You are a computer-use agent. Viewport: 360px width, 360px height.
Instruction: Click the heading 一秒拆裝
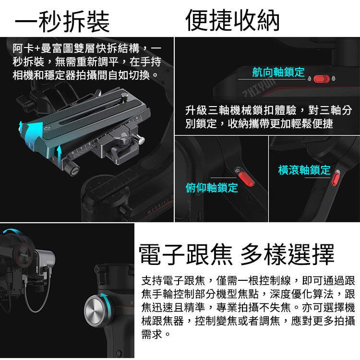pyautogui.click(x=62, y=22)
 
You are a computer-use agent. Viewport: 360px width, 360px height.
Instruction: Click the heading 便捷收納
pyautogui.click(x=232, y=20)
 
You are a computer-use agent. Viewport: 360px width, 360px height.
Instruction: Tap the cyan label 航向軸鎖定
pyautogui.click(x=278, y=72)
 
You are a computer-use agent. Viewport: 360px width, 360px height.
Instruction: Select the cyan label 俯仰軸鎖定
pyautogui.click(x=212, y=188)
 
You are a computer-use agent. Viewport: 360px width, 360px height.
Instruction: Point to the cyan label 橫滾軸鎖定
pyautogui.click(x=304, y=170)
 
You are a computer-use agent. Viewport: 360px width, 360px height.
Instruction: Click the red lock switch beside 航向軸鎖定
pyautogui.click(x=322, y=79)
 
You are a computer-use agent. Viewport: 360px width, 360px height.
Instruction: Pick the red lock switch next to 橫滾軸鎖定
pyautogui.click(x=336, y=179)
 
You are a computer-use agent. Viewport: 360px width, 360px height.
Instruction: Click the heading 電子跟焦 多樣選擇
pyautogui.click(x=237, y=254)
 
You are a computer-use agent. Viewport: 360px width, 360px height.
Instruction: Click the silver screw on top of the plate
pyautogui.click(x=124, y=96)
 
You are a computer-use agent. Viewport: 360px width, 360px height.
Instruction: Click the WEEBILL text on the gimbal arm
pyautogui.click(x=158, y=206)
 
